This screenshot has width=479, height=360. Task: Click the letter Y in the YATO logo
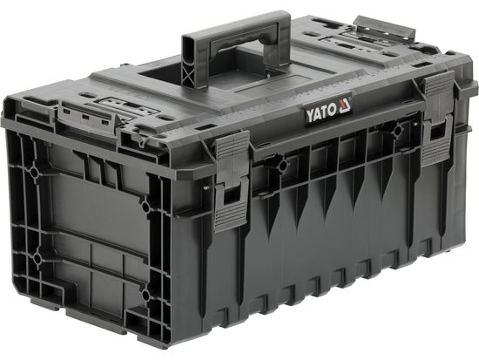[309, 113]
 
